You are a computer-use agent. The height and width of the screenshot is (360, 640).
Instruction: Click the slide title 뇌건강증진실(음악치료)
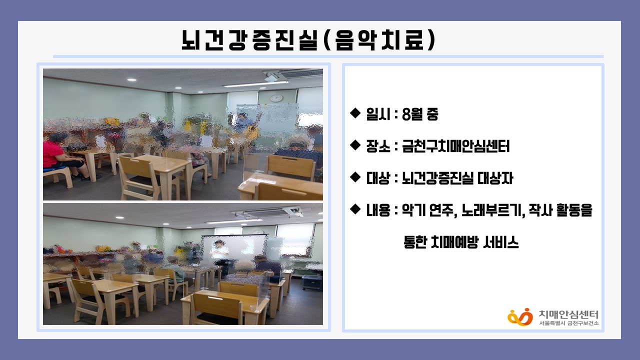coord(308,40)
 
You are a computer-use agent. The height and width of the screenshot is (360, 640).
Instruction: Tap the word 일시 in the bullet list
coord(378,114)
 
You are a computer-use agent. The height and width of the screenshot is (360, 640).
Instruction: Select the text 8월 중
coord(420,114)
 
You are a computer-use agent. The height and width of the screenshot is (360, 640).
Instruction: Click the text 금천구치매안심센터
coord(455,146)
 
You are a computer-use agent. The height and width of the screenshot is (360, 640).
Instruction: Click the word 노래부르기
coord(493,210)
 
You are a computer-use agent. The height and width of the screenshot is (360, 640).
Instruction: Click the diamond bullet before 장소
coord(355,145)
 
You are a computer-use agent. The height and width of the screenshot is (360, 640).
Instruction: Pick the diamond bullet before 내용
coord(355,209)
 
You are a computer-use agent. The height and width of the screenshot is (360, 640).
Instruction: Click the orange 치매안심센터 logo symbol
coord(520,317)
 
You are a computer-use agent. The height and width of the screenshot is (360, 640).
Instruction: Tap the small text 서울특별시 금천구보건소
coord(568,323)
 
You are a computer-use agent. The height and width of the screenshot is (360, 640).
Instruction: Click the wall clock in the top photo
coord(276,98)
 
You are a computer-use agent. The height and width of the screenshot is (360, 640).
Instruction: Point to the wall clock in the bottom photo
coord(258,232)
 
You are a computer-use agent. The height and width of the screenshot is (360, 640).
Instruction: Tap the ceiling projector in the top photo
coord(273,76)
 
